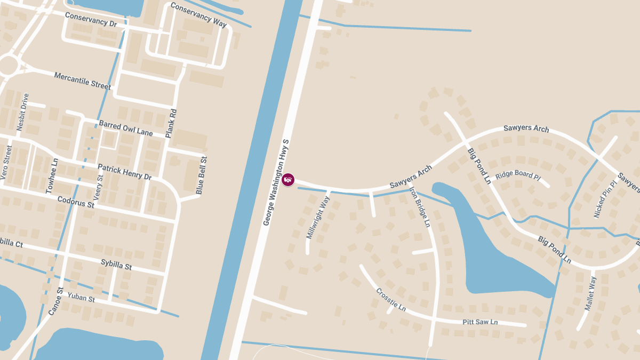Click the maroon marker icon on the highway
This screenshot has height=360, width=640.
(x=288, y=180)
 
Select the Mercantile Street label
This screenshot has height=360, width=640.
(x=83, y=81)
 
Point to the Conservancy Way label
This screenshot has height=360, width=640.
(x=198, y=15)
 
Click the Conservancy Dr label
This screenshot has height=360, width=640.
(x=91, y=20)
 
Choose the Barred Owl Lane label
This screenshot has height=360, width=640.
(x=126, y=128)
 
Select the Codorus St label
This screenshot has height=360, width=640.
(x=76, y=201)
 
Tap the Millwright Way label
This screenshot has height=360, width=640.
(x=318, y=218)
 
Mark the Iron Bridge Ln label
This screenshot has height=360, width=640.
(x=420, y=207)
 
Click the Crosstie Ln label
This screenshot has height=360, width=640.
(x=390, y=300)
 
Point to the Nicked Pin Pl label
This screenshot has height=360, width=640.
(x=605, y=198)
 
